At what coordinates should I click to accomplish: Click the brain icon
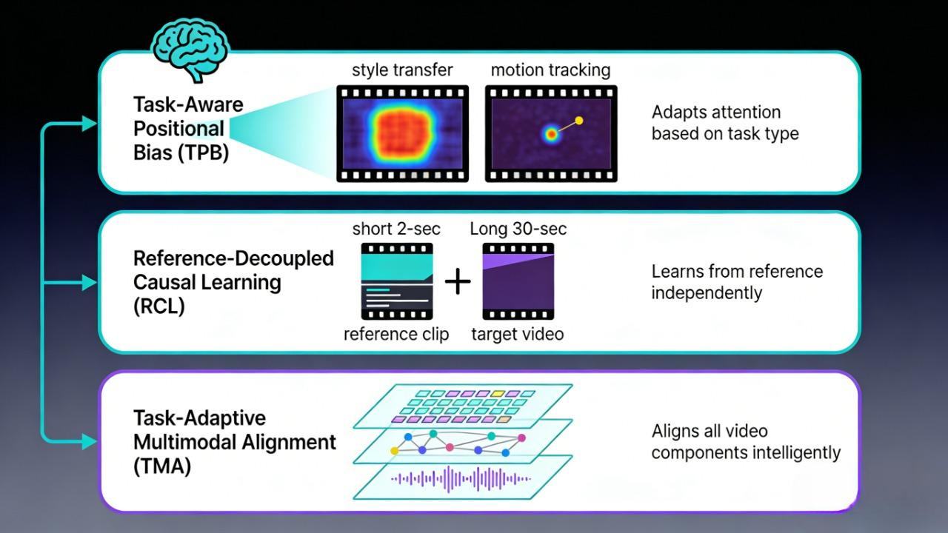pyautogui.click(x=190, y=50)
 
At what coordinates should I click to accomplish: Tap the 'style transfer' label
pyautogui.click(x=402, y=70)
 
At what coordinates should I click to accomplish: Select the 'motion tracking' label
pyautogui.click(x=550, y=70)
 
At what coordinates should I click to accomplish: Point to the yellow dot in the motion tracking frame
pyautogui.click(x=579, y=121)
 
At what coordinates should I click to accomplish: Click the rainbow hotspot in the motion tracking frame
pyautogui.click(x=551, y=135)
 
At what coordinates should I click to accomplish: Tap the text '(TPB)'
pyautogui.click(x=203, y=152)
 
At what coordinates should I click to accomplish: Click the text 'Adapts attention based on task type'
pyautogui.click(x=725, y=123)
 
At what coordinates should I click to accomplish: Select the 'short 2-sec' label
pyautogui.click(x=396, y=229)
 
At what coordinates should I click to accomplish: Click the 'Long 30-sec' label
pyautogui.click(x=518, y=229)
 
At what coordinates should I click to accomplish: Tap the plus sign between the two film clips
pyautogui.click(x=458, y=282)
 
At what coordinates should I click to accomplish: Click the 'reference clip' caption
pyautogui.click(x=396, y=334)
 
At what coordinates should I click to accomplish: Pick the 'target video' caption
pyautogui.click(x=518, y=334)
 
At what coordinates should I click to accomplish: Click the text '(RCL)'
pyautogui.click(x=159, y=306)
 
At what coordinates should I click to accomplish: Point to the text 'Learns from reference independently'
pyautogui.click(x=737, y=282)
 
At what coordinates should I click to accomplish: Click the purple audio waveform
pyautogui.click(x=461, y=479)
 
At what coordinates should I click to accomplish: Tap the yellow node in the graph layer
pyautogui.click(x=395, y=451)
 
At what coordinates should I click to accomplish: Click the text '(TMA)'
pyautogui.click(x=162, y=466)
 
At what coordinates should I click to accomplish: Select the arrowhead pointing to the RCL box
pyautogui.click(x=90, y=283)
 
